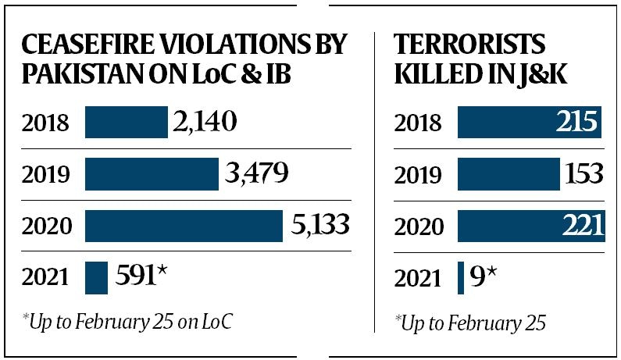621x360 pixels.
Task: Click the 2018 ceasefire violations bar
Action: click(126, 123)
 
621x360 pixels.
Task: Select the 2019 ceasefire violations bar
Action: click(152, 174)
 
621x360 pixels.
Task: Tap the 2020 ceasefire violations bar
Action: click(184, 226)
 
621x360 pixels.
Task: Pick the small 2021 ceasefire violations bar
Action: click(96, 277)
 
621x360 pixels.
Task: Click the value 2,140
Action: click(203, 123)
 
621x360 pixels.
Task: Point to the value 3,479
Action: click(255, 174)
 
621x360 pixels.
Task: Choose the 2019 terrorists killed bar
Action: click(509, 174)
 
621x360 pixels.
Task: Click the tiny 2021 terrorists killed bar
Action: click(461, 277)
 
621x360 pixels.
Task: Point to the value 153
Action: click(584, 174)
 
